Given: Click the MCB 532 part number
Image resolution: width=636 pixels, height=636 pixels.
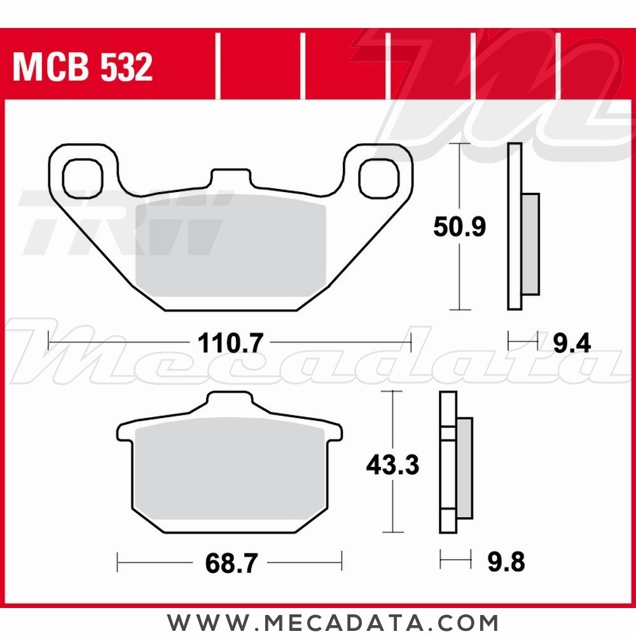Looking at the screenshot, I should (x=83, y=67).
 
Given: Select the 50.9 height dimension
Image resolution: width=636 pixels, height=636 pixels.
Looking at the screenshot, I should (x=459, y=226).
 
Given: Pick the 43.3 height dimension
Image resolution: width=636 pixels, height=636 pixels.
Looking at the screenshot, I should (x=392, y=466).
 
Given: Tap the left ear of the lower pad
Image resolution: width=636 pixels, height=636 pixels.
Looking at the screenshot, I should (x=125, y=432).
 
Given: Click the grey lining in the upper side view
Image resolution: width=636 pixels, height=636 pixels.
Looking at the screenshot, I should (x=530, y=245).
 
